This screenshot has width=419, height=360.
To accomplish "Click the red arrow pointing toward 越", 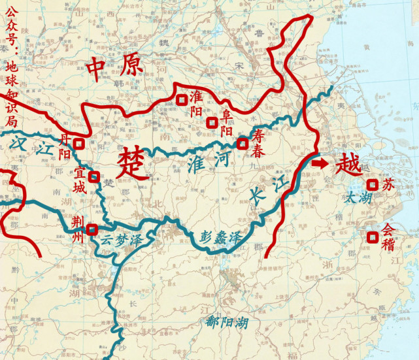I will point(320,163).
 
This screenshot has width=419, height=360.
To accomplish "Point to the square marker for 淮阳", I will point(180,99).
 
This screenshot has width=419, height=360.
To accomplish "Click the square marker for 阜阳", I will point(211,122).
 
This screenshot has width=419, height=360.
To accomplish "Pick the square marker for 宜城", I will point(94,176).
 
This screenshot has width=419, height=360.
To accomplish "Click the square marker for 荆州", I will point(92,229).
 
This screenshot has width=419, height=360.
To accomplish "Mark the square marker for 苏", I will point(372,185).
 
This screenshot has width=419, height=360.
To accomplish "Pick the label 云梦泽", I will point(120,240).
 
